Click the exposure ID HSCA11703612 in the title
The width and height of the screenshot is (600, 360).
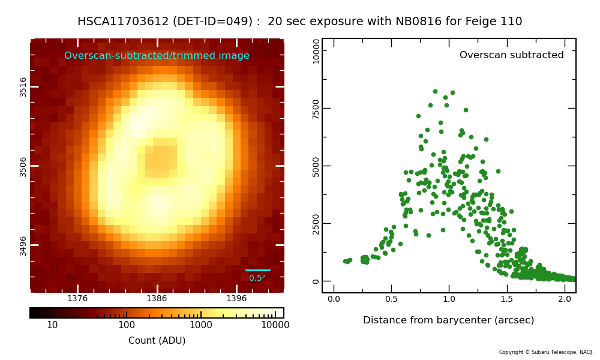click(x=123, y=21)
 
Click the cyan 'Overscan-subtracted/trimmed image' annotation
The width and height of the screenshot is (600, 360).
click(x=157, y=55)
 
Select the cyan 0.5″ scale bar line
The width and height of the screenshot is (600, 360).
click(x=257, y=270)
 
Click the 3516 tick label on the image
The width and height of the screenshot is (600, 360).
click(x=23, y=87)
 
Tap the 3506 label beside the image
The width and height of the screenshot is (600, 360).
click(x=23, y=167)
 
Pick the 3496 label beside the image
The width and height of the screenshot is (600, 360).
click(x=23, y=246)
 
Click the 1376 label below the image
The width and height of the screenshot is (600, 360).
click(x=77, y=298)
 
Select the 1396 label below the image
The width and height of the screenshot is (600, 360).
click(x=236, y=298)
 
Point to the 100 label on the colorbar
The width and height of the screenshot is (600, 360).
click(x=126, y=325)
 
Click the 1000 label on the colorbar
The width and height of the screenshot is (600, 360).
click(x=201, y=325)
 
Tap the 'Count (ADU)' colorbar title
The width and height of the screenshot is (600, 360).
click(x=157, y=340)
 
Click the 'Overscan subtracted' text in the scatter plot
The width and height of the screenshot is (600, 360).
click(x=512, y=55)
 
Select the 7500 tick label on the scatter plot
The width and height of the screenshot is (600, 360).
click(x=316, y=109)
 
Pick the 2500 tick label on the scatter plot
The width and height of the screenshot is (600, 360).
click(x=316, y=224)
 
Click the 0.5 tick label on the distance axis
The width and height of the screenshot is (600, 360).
click(x=391, y=299)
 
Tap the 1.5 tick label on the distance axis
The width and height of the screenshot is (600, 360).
click(x=506, y=299)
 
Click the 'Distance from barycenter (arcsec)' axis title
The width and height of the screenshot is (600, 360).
click(x=448, y=320)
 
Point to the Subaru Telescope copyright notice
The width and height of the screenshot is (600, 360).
click(x=546, y=352)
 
